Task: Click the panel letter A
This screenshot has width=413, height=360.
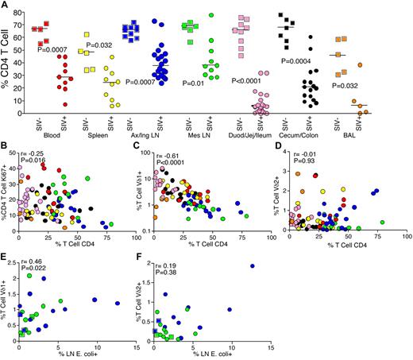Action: [6, 6]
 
